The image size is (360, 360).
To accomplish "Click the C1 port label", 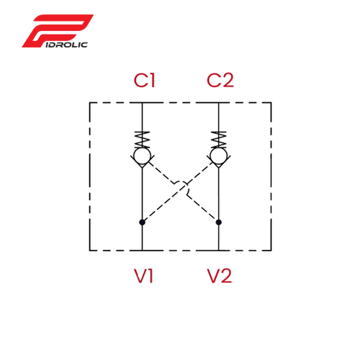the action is [145, 80].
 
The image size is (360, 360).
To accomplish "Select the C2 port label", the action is [220, 80].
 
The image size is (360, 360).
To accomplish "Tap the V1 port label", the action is [143, 276].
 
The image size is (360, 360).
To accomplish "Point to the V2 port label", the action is [220, 276].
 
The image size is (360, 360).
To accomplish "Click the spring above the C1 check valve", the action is [143, 140].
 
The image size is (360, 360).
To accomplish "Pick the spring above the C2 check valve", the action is [219, 140].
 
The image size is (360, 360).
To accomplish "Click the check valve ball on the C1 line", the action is [143, 156].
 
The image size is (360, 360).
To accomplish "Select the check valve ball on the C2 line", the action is [219, 156].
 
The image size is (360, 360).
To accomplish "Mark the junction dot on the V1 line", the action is [143, 222].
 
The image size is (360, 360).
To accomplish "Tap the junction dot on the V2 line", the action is [219, 222].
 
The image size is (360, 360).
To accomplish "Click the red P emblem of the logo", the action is [58, 31].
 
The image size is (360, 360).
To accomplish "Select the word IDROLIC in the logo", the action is [66, 45].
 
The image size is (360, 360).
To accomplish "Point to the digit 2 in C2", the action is [228, 80].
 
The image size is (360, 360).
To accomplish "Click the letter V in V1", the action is [140, 276].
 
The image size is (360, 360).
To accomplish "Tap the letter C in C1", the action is [140, 80].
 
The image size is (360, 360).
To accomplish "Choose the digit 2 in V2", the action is [226, 276].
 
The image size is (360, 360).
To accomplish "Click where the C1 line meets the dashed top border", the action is [143, 103].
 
